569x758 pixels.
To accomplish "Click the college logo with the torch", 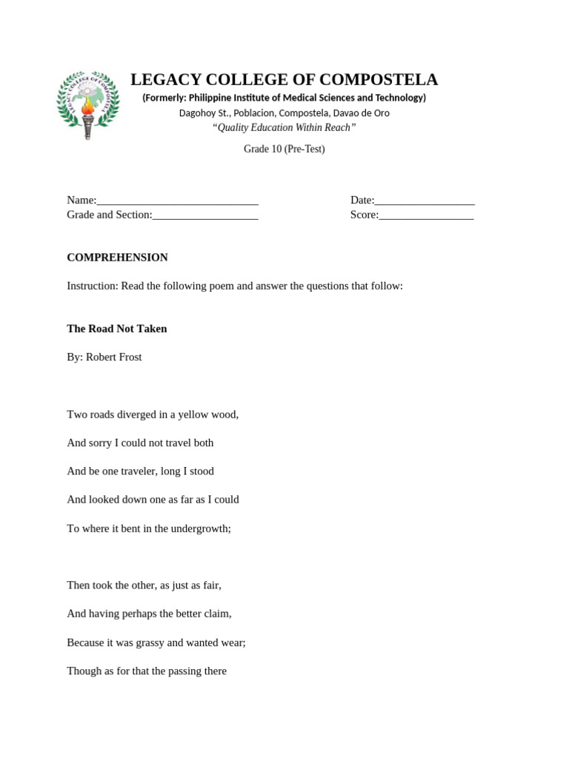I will pos(88,105).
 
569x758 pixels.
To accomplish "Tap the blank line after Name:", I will pos(177,201).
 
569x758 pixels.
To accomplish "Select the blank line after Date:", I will pos(425,201).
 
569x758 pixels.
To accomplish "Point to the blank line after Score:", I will pos(426,215).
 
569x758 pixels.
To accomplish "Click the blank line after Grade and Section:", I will pos(205,215).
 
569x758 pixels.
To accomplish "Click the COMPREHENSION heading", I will pos(117,258).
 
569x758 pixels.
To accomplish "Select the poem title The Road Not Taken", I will pos(117,329).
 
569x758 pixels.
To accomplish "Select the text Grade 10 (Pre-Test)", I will pos(284,149).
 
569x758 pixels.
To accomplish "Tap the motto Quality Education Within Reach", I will pos(284,127).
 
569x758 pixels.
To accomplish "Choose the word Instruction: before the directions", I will pos(93,286).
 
